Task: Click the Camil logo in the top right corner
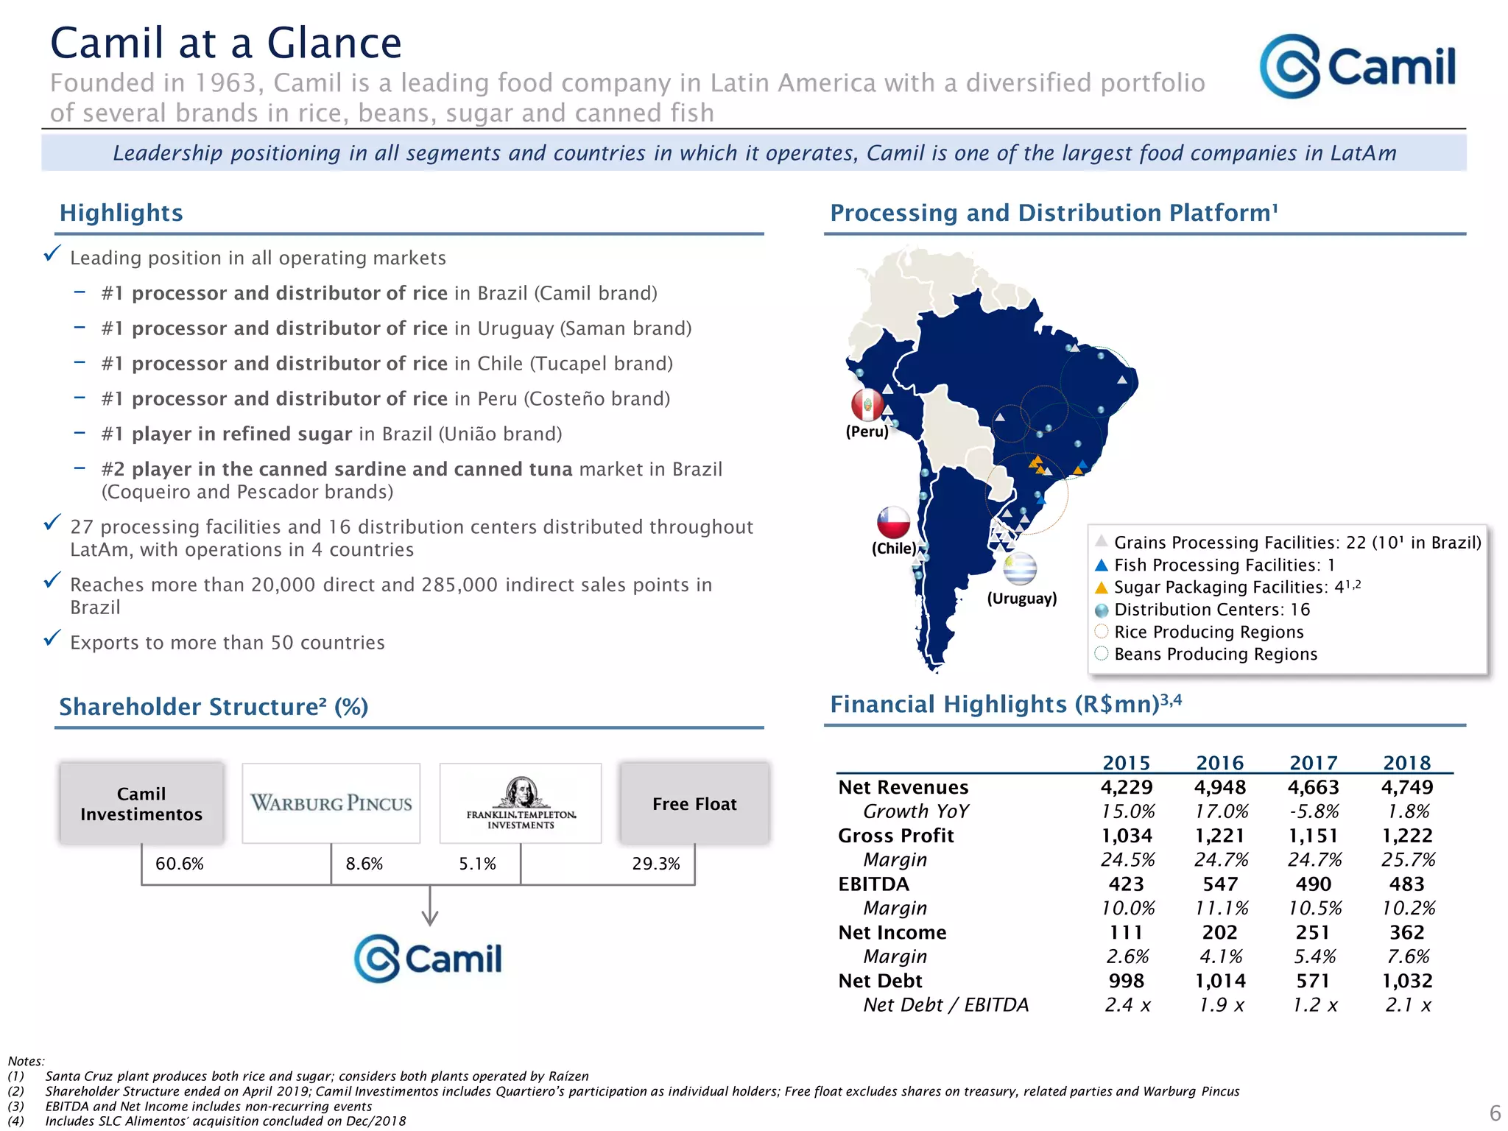[1356, 66]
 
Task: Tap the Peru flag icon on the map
[867, 404]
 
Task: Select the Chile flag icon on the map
[893, 522]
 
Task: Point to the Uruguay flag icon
[1020, 568]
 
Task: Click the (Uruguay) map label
[1021, 598]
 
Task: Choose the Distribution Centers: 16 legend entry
[1211, 610]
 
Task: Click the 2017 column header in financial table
[1313, 763]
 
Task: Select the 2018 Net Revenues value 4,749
[1406, 787]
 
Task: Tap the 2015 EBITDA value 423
[1126, 884]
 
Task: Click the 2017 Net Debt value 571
[1313, 981]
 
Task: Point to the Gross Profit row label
[895, 836]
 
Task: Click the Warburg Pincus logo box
[331, 803]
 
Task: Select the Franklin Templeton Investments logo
[521, 803]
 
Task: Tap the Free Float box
[694, 803]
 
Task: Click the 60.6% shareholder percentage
[179, 864]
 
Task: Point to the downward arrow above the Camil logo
[430, 907]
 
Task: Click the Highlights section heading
[121, 213]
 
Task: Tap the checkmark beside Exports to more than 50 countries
[52, 638]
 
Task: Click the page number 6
[1495, 1113]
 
